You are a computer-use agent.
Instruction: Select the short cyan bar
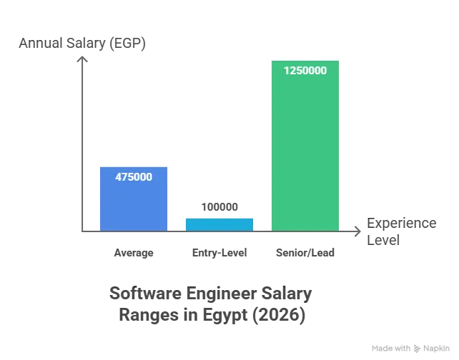pyautogui.click(x=219, y=224)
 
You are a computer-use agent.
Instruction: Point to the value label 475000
pyautogui.click(x=134, y=176)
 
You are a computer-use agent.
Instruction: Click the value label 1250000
pyautogui.click(x=305, y=71)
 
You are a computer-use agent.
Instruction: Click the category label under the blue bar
pyautogui.click(x=134, y=252)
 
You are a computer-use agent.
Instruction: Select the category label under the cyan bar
pyautogui.click(x=219, y=252)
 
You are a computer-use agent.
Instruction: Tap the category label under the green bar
pyautogui.click(x=305, y=252)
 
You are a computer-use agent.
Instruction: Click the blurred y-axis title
pyautogui.click(x=82, y=43)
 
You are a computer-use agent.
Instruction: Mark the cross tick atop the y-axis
pyautogui.click(x=84, y=59)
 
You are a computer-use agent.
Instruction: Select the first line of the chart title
pyautogui.click(x=211, y=294)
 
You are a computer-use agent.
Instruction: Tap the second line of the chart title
pyautogui.click(x=211, y=316)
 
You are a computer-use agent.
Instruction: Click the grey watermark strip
pyautogui.click(x=412, y=348)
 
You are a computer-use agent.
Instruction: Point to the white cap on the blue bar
pyautogui.click(x=134, y=164)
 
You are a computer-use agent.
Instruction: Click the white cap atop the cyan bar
pyautogui.click(x=219, y=214)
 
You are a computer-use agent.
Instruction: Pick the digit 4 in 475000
pyautogui.click(x=119, y=176)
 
